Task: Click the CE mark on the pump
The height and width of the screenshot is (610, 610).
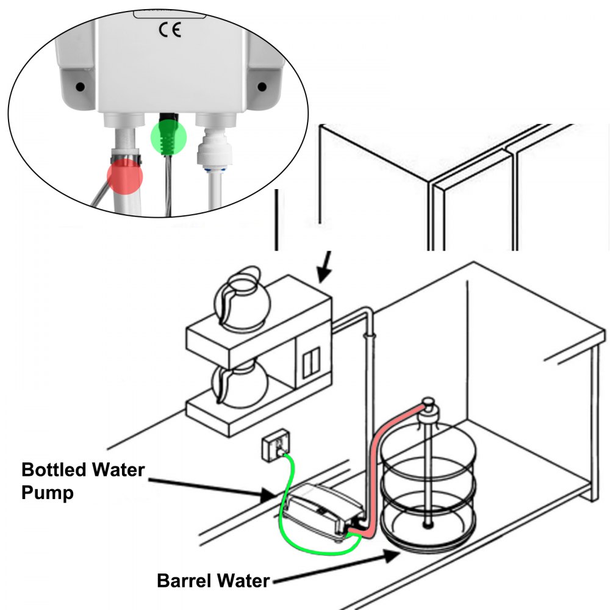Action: (x=170, y=30)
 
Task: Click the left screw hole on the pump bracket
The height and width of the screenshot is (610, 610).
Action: (x=80, y=87)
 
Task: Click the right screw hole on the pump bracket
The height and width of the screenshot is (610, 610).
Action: (x=262, y=87)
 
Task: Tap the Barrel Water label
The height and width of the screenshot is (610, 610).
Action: (x=213, y=580)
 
